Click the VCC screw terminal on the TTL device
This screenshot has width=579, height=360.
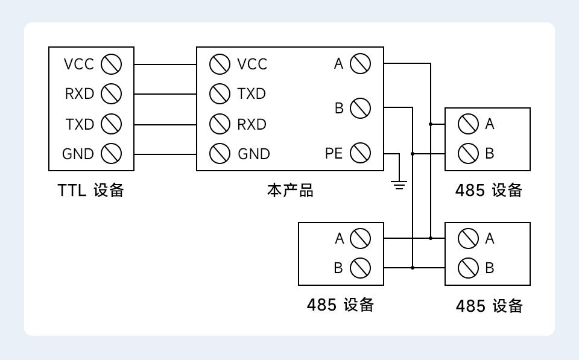(112, 63)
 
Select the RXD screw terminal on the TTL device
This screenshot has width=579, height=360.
(112, 93)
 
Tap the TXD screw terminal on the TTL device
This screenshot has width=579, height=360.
(112, 124)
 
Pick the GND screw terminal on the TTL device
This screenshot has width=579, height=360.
(112, 154)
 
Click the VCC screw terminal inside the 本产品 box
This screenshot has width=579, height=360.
(220, 63)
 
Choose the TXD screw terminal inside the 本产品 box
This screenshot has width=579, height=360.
(220, 93)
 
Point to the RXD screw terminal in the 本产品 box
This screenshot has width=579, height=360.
(220, 124)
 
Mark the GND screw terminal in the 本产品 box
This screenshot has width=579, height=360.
(220, 154)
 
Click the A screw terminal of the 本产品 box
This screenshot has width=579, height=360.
(360, 63)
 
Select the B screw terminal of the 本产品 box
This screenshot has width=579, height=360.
(360, 109)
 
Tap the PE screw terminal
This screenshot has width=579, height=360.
(360, 153)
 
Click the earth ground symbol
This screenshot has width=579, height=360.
(399, 183)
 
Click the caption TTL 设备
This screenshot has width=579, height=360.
(91, 191)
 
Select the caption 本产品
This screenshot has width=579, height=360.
(290, 191)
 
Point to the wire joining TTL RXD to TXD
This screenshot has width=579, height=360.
(165, 94)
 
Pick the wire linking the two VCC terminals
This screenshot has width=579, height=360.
(165, 64)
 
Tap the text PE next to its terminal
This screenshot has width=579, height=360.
(334, 154)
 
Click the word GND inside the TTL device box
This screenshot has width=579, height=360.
(78, 154)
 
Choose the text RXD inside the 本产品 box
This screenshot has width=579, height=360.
(252, 124)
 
